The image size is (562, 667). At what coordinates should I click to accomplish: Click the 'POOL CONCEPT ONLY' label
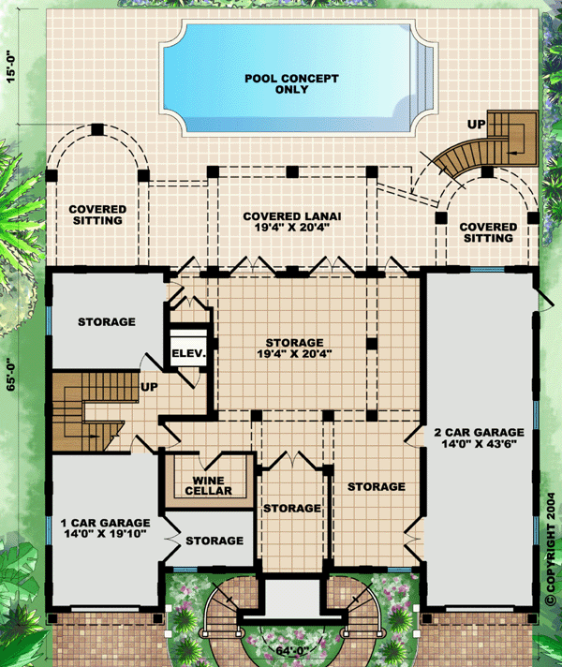291,83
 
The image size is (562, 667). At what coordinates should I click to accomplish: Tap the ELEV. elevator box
188,347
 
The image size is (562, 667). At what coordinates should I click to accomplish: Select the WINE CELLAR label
209,485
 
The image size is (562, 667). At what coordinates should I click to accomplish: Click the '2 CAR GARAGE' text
479,432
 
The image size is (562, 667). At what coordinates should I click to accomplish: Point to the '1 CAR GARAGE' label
105,523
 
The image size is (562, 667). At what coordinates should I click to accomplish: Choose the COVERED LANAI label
292,216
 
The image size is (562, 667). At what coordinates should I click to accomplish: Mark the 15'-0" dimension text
10,67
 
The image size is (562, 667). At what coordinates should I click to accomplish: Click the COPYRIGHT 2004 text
552,548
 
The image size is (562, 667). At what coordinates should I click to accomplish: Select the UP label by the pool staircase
477,125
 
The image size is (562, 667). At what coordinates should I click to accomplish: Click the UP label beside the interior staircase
149,387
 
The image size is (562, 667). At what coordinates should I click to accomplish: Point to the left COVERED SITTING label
97,215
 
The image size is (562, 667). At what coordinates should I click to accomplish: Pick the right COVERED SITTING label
488,232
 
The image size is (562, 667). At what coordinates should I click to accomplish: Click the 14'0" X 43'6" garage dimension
479,444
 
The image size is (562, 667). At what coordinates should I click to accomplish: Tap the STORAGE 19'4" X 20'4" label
294,348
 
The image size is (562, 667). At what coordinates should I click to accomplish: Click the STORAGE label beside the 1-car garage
214,541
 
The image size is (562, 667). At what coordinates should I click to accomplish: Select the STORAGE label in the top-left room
107,321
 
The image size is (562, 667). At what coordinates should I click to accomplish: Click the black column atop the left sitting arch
97,129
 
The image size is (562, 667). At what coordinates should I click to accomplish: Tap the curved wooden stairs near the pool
472,156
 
